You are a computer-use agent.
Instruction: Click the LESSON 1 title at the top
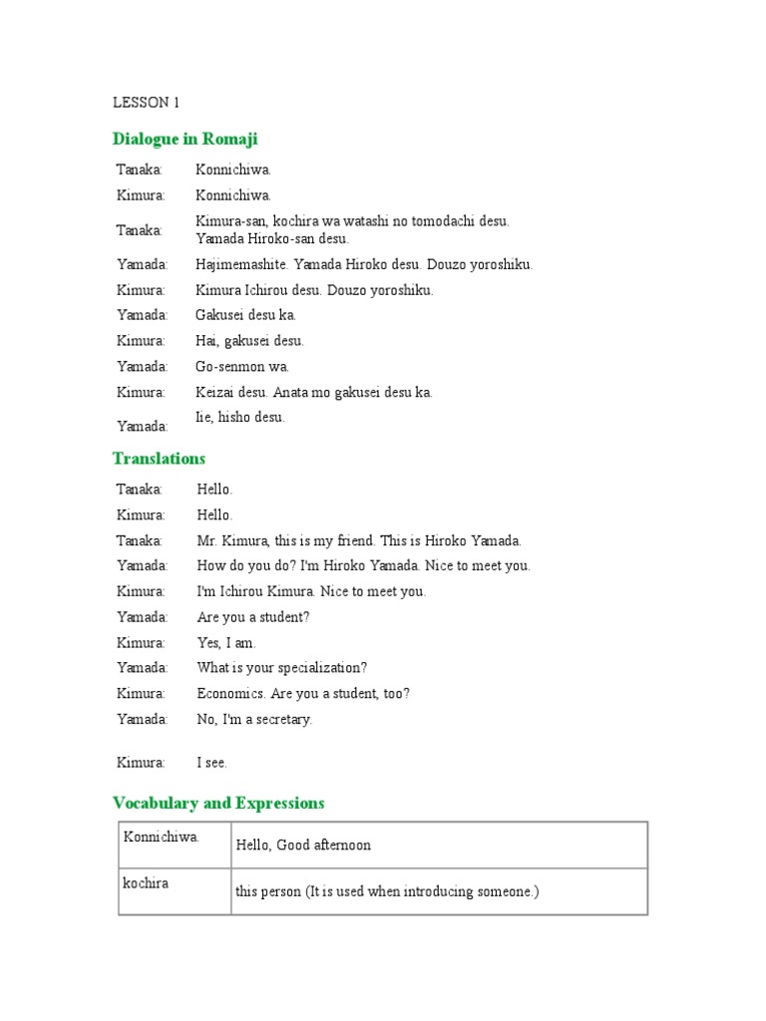tap(146, 102)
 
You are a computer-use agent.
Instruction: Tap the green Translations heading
tap(159, 459)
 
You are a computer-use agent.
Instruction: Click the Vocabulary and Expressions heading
tap(218, 803)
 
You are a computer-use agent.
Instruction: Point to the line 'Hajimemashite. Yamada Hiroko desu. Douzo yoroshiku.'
tap(364, 264)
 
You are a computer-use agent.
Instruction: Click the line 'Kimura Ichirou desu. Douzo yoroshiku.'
tap(314, 290)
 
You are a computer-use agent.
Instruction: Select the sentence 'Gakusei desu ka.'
tap(246, 315)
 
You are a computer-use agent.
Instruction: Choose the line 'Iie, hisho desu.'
tap(240, 418)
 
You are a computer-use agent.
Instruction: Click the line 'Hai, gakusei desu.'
tap(249, 341)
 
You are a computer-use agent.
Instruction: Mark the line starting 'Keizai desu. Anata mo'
tap(314, 392)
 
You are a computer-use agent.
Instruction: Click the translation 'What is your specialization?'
tap(282, 668)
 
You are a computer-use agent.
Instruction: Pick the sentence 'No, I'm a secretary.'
tap(254, 719)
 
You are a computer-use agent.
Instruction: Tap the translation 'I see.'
tap(212, 763)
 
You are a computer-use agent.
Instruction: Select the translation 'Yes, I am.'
tap(226, 643)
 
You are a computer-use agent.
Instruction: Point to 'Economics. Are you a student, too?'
tap(303, 694)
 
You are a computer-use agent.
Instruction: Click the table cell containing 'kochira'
tap(175, 890)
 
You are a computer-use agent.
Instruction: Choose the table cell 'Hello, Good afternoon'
tap(439, 845)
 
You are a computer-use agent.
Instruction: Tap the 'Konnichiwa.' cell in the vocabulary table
tap(175, 845)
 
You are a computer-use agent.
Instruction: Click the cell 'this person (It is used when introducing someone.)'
tap(439, 891)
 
